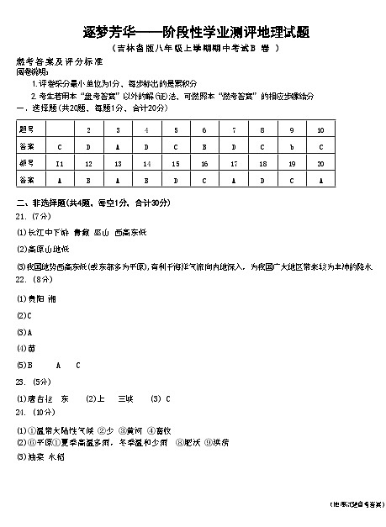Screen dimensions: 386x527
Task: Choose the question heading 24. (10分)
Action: point(34,413)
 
